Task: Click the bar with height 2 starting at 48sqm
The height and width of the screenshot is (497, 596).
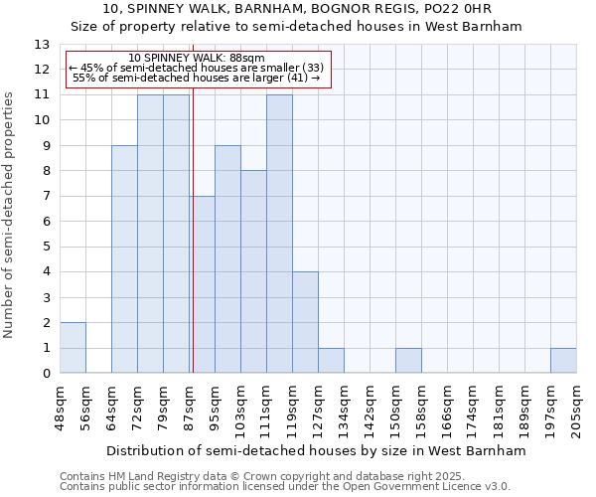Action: coord(73,348)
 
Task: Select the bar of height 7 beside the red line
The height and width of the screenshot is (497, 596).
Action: coord(203,284)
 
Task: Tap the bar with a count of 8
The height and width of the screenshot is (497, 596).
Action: coord(253,271)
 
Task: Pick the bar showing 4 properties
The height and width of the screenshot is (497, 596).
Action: coord(305,322)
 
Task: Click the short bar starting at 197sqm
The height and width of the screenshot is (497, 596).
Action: coord(563,361)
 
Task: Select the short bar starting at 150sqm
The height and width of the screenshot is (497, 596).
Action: coord(408,361)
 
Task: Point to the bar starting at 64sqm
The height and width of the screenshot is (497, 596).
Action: coord(124,259)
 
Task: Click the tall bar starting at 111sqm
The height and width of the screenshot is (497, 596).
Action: coord(279,234)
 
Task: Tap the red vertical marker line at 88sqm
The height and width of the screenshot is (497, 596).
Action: coord(193,248)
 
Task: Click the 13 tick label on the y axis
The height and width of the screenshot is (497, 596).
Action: coord(42,45)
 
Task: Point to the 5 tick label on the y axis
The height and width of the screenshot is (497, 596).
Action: coord(46,247)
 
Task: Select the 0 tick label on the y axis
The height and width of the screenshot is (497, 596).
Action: coord(46,374)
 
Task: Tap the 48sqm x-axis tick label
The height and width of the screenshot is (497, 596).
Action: coord(60,406)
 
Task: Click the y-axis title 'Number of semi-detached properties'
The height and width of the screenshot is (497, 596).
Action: coord(9,215)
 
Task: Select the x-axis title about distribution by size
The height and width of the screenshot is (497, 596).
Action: coord(315,450)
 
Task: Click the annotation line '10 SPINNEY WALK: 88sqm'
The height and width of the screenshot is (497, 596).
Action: coord(197,59)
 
